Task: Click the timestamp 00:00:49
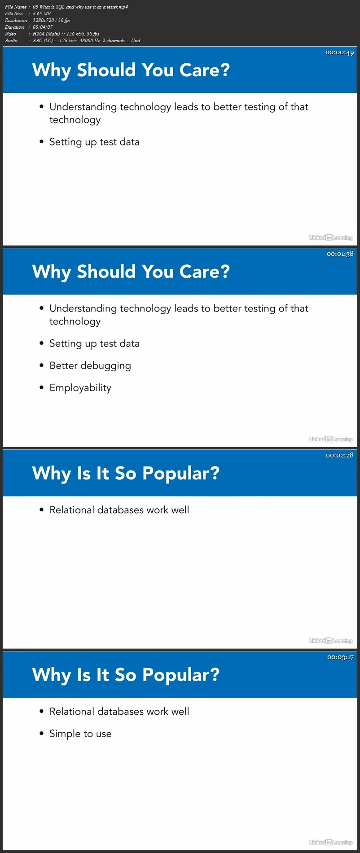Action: pos(339,53)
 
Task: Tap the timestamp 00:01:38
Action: pos(340,254)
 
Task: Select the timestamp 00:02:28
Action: pos(339,455)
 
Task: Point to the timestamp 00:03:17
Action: pos(340,657)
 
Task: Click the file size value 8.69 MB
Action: pos(42,13)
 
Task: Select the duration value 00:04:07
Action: pos(43,27)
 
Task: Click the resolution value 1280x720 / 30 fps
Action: pos(52,20)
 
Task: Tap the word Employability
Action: pos(80,388)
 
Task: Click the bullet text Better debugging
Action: pos(90,366)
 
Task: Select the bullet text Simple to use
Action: pos(80,734)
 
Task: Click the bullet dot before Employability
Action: pos(41,387)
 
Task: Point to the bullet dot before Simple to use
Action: pos(41,734)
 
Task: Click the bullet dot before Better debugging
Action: pos(41,365)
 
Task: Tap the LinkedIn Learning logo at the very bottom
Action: pos(331,843)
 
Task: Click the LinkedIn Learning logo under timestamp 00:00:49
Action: pos(331,237)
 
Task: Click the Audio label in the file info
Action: pos(11,40)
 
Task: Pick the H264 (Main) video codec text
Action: pos(46,34)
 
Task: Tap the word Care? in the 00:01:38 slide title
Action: pos(205,272)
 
